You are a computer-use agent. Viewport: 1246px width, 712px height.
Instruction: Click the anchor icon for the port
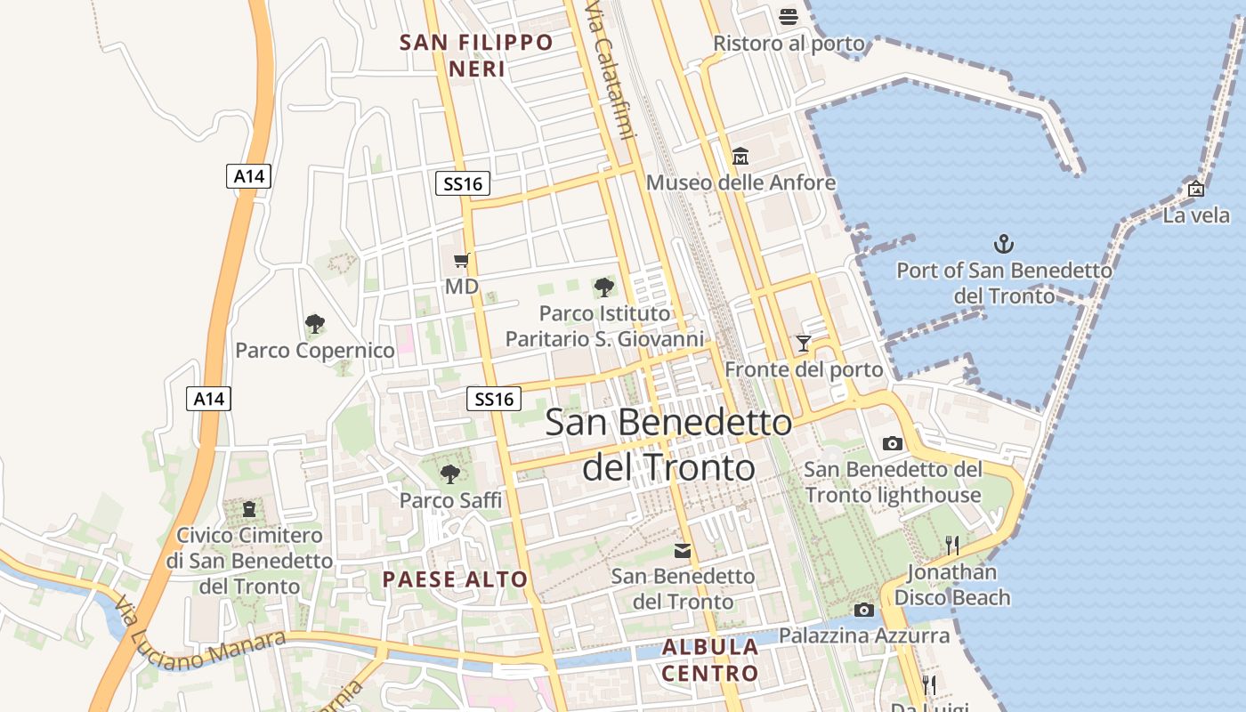click(x=1004, y=243)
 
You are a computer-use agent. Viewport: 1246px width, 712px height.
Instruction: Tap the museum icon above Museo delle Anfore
click(x=740, y=157)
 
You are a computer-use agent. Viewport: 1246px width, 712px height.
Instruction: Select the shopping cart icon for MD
click(x=461, y=260)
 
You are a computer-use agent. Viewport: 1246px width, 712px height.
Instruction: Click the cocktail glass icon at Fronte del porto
click(x=804, y=343)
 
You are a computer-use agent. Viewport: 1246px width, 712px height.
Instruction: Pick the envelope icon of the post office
click(x=683, y=550)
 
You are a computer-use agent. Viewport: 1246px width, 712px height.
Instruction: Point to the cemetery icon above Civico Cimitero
click(x=249, y=509)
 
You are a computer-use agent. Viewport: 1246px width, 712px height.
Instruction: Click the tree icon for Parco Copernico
click(x=314, y=323)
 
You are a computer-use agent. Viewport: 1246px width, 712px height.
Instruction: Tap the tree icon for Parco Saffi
click(x=450, y=473)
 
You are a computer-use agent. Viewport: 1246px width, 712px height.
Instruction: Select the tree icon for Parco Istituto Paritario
click(x=604, y=287)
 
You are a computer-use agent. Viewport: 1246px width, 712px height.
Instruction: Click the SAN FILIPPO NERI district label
click(x=476, y=55)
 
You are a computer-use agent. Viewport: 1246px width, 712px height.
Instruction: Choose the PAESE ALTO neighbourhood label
click(x=455, y=579)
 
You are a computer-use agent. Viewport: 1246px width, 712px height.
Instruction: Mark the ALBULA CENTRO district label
click(x=709, y=659)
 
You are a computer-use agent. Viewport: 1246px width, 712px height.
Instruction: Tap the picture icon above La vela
click(x=1196, y=189)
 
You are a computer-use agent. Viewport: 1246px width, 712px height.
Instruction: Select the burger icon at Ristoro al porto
click(x=789, y=16)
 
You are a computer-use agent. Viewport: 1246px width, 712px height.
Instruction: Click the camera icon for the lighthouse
click(x=893, y=443)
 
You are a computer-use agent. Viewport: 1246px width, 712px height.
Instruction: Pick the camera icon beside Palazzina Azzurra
click(x=863, y=610)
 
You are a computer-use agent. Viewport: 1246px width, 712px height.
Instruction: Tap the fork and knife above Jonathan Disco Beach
click(x=952, y=545)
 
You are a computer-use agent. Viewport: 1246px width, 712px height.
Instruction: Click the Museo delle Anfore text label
click(x=740, y=182)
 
